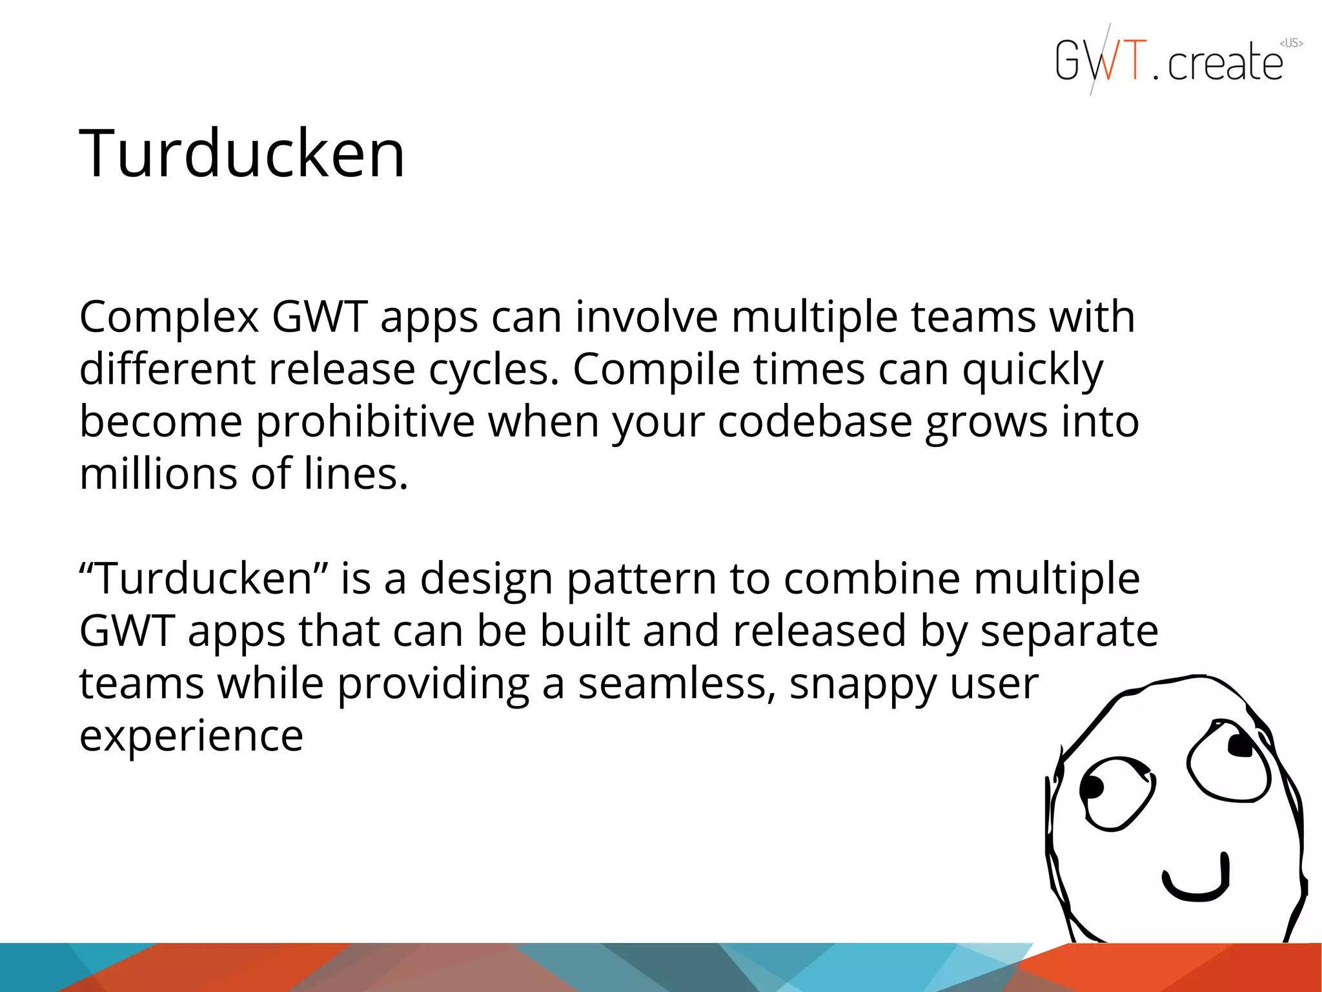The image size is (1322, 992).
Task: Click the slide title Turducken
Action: point(242,154)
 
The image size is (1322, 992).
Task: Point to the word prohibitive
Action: point(365,422)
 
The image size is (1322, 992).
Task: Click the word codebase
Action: point(815,422)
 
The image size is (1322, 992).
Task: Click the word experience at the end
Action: point(191,736)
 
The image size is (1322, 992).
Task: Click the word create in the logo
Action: point(1225,63)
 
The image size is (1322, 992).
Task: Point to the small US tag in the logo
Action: point(1291,43)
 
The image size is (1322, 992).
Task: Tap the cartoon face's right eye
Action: point(1227,759)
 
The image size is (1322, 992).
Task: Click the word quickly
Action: point(1032,371)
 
